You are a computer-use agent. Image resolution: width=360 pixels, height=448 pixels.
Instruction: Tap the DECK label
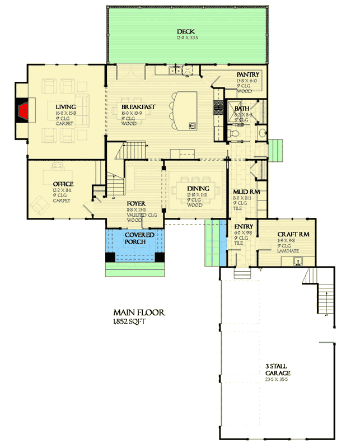tap(185, 31)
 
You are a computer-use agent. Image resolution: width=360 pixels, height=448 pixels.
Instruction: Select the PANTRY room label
tap(246, 74)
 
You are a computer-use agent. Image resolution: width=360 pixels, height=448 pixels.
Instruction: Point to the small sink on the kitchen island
tap(192, 124)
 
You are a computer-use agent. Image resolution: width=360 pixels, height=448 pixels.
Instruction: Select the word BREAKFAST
tap(138, 106)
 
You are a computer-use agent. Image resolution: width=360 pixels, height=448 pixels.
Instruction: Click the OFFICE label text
tap(63, 184)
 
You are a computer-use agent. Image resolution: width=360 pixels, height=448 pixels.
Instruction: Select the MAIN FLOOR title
tap(139, 313)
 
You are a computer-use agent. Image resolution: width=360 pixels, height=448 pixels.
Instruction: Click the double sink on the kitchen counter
tap(176, 71)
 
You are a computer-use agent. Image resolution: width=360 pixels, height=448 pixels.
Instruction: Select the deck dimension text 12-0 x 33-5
tap(185, 39)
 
